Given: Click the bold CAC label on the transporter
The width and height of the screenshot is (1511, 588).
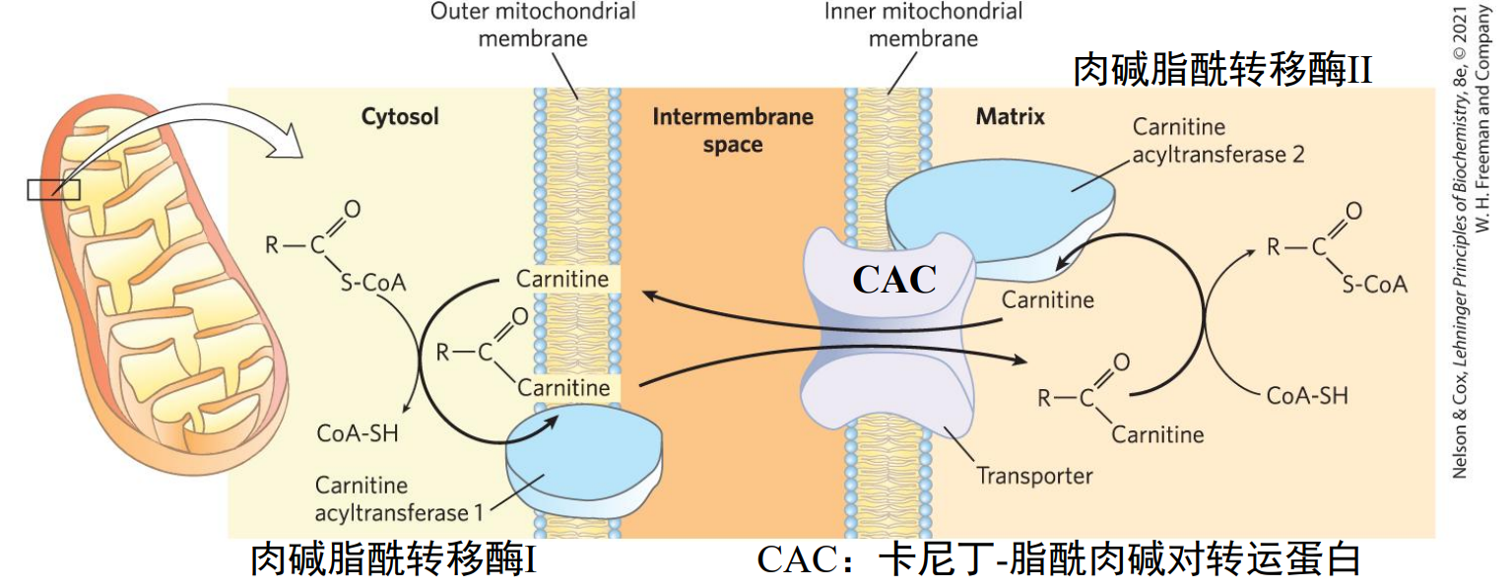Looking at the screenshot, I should point(894,279).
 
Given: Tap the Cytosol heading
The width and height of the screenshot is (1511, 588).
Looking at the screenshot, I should point(399,117).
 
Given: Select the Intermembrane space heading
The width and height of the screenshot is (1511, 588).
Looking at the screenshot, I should point(733,130).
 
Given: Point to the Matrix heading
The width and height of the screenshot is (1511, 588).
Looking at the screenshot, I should point(1010,117).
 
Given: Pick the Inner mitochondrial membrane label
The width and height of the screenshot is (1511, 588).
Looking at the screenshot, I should point(923,26).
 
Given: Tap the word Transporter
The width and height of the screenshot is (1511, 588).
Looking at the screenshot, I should point(1034,477).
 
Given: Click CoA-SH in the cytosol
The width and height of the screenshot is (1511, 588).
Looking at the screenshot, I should point(358,433).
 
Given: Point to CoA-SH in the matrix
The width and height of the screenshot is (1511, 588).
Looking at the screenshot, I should point(1307,396).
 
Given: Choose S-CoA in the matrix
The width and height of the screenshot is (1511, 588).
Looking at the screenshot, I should point(1374,284).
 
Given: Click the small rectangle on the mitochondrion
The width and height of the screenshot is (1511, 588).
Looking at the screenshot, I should point(53,189).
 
